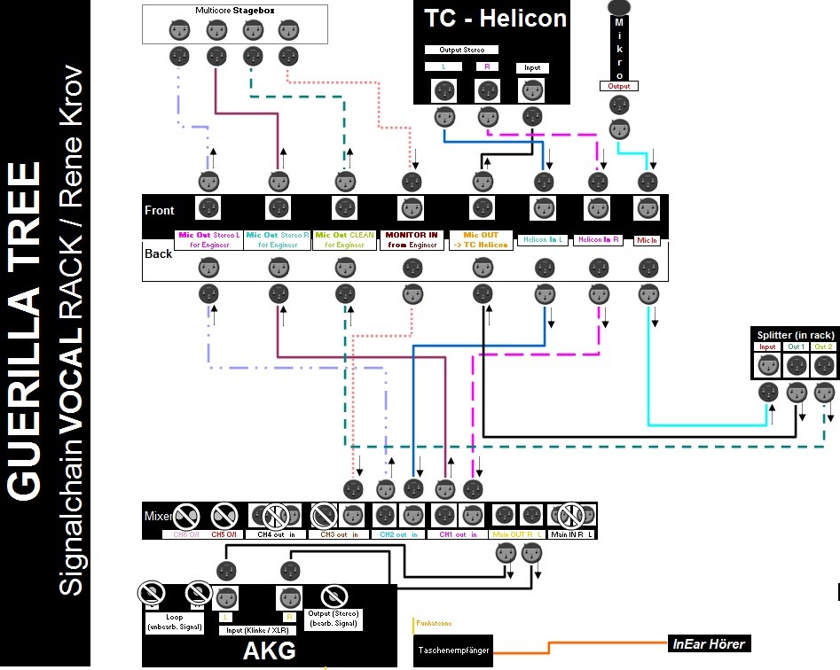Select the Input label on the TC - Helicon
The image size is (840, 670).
tap(532, 67)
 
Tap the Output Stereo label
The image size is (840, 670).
tap(461, 50)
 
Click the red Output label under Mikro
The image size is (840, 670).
tap(618, 86)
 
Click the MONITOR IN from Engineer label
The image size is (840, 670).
tap(412, 240)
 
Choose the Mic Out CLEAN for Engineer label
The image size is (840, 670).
tap(344, 240)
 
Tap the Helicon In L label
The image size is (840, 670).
tap(542, 239)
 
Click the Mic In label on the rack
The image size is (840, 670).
tap(647, 239)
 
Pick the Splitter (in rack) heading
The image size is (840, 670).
tap(793, 334)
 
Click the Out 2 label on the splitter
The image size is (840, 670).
tap(824, 347)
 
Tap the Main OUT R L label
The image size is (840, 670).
tap(516, 534)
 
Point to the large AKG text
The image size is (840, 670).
tap(270, 651)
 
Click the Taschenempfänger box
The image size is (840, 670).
tap(452, 651)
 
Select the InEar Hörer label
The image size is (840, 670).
tap(709, 644)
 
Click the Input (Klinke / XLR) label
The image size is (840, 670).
tap(257, 630)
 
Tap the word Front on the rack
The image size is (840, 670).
tap(160, 210)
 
